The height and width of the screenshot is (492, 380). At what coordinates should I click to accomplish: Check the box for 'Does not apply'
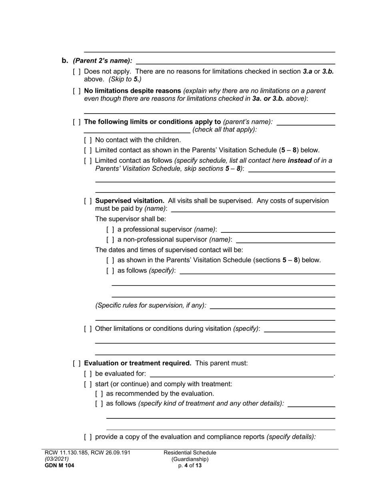pyautogui.click(x=77, y=72)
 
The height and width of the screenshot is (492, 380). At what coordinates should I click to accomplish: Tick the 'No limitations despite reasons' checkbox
pyautogui.click(x=77, y=91)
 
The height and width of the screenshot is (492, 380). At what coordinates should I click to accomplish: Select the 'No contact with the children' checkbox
pyautogui.click(x=88, y=140)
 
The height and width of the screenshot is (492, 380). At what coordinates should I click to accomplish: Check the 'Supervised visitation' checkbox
pyautogui.click(x=88, y=201)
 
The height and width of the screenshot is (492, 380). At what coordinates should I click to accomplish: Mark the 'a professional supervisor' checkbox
pyautogui.click(x=110, y=230)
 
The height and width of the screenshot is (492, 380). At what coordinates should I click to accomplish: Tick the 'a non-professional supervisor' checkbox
pyautogui.click(x=110, y=240)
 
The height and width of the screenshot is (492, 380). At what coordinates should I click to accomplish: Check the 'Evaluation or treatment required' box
pyautogui.click(x=77, y=363)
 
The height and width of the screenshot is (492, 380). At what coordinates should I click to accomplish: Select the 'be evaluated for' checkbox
pyautogui.click(x=88, y=374)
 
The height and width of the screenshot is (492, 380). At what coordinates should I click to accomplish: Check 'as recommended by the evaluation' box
pyautogui.click(x=99, y=394)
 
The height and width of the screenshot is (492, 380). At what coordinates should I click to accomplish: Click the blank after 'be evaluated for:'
pyautogui.click(x=241, y=374)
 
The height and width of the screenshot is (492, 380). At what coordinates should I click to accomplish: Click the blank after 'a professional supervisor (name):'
pyautogui.click(x=278, y=230)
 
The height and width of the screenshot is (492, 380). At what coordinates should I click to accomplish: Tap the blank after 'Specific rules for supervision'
pyautogui.click(x=272, y=306)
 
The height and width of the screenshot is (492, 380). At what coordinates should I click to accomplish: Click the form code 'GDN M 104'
pyautogui.click(x=59, y=465)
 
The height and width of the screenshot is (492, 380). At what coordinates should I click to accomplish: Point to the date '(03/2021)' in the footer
pyautogui.click(x=57, y=459)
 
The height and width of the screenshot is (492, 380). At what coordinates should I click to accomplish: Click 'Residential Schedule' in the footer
pyautogui.click(x=190, y=453)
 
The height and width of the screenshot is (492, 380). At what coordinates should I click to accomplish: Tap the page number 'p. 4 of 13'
pyautogui.click(x=190, y=466)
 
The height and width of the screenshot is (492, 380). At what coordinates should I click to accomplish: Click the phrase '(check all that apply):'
pyautogui.click(x=224, y=130)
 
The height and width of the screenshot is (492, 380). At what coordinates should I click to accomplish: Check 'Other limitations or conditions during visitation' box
pyautogui.click(x=88, y=329)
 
